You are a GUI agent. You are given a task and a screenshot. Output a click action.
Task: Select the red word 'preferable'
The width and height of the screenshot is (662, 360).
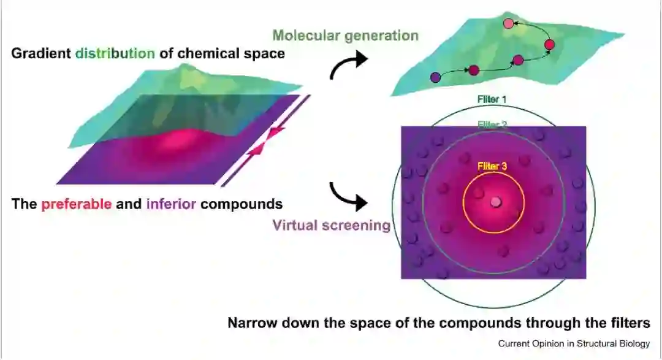[x=77, y=204]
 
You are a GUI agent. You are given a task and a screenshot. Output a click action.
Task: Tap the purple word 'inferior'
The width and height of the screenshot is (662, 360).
[x=172, y=204]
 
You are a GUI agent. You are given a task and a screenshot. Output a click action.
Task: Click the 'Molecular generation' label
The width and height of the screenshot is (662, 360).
[x=346, y=35]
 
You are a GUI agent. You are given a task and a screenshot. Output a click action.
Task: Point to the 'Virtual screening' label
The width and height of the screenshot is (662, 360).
[x=332, y=225]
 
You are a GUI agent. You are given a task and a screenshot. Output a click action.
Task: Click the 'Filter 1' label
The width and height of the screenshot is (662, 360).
[x=492, y=98]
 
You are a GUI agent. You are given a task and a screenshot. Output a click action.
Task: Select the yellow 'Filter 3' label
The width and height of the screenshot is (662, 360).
[x=492, y=166]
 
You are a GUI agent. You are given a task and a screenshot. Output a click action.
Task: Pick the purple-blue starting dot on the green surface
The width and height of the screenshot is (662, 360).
[x=436, y=77]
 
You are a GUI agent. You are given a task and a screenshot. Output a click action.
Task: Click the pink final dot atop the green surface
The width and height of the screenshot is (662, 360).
[x=508, y=23]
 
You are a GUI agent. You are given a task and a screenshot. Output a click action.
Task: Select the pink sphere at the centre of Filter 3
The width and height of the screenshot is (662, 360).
[x=495, y=202]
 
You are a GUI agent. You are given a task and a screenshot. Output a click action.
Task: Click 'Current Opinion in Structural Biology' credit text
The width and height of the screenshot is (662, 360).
[x=574, y=343]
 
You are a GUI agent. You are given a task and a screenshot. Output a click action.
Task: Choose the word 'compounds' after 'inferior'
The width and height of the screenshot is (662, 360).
[x=244, y=204]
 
